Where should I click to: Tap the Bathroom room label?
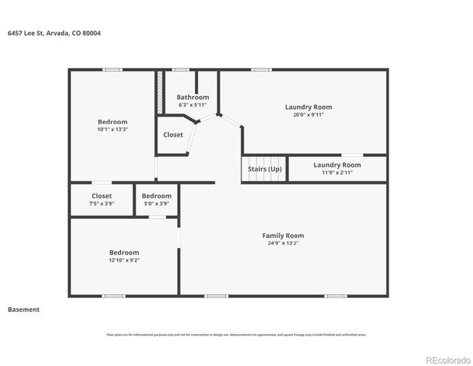(193, 97)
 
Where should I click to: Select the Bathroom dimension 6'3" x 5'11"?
(193, 104)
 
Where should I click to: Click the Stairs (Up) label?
(264, 169)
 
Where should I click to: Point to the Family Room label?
(283, 236)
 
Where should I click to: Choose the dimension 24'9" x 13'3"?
(283, 243)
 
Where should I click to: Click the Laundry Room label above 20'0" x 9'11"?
(308, 107)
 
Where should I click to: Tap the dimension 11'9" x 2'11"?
(337, 172)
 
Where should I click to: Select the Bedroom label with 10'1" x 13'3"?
(113, 122)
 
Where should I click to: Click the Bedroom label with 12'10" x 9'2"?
(123, 252)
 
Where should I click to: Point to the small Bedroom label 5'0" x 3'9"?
(156, 196)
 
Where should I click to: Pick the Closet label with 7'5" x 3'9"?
(102, 196)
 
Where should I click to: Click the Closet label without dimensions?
(173, 135)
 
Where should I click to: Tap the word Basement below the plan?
(24, 310)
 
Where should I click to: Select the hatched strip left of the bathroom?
(160, 93)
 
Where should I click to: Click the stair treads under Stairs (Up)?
(264, 178)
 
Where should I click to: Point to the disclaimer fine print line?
(236, 334)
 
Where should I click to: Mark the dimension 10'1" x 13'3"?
(113, 130)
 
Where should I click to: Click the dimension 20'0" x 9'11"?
(308, 115)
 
